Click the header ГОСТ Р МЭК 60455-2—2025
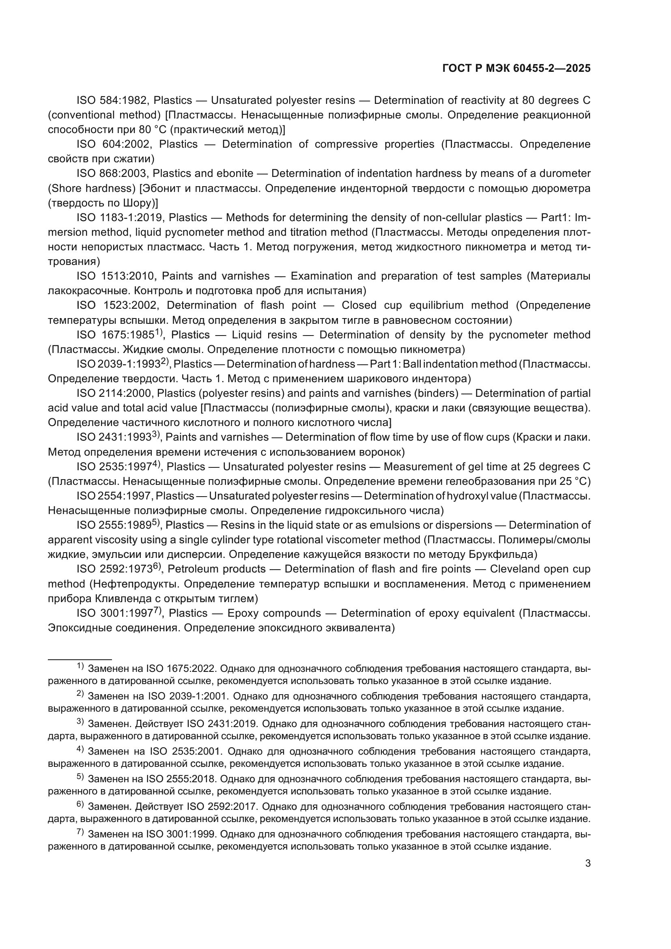pyautogui.click(x=516, y=69)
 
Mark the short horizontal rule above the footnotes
pyautogui.click(x=80, y=660)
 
